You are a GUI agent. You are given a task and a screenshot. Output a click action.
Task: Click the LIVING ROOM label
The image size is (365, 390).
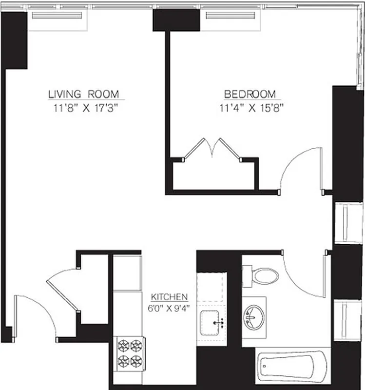[83, 94]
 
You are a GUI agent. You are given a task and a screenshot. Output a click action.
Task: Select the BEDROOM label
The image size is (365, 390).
[250, 94]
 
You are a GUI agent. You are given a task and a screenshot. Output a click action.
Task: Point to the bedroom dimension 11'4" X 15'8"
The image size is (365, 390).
[251, 108]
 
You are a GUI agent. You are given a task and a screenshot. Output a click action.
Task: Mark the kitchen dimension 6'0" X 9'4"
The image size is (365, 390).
[169, 307]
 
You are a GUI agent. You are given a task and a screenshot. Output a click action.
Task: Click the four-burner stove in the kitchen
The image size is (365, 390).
[130, 353]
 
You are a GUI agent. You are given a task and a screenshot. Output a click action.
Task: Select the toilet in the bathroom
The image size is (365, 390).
[262, 276]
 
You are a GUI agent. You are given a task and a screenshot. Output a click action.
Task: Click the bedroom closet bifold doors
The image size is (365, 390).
[213, 148]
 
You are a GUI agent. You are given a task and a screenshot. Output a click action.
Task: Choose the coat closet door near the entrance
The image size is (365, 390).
[62, 288]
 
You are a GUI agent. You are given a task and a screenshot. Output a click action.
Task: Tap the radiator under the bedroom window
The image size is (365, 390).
[231, 16]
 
